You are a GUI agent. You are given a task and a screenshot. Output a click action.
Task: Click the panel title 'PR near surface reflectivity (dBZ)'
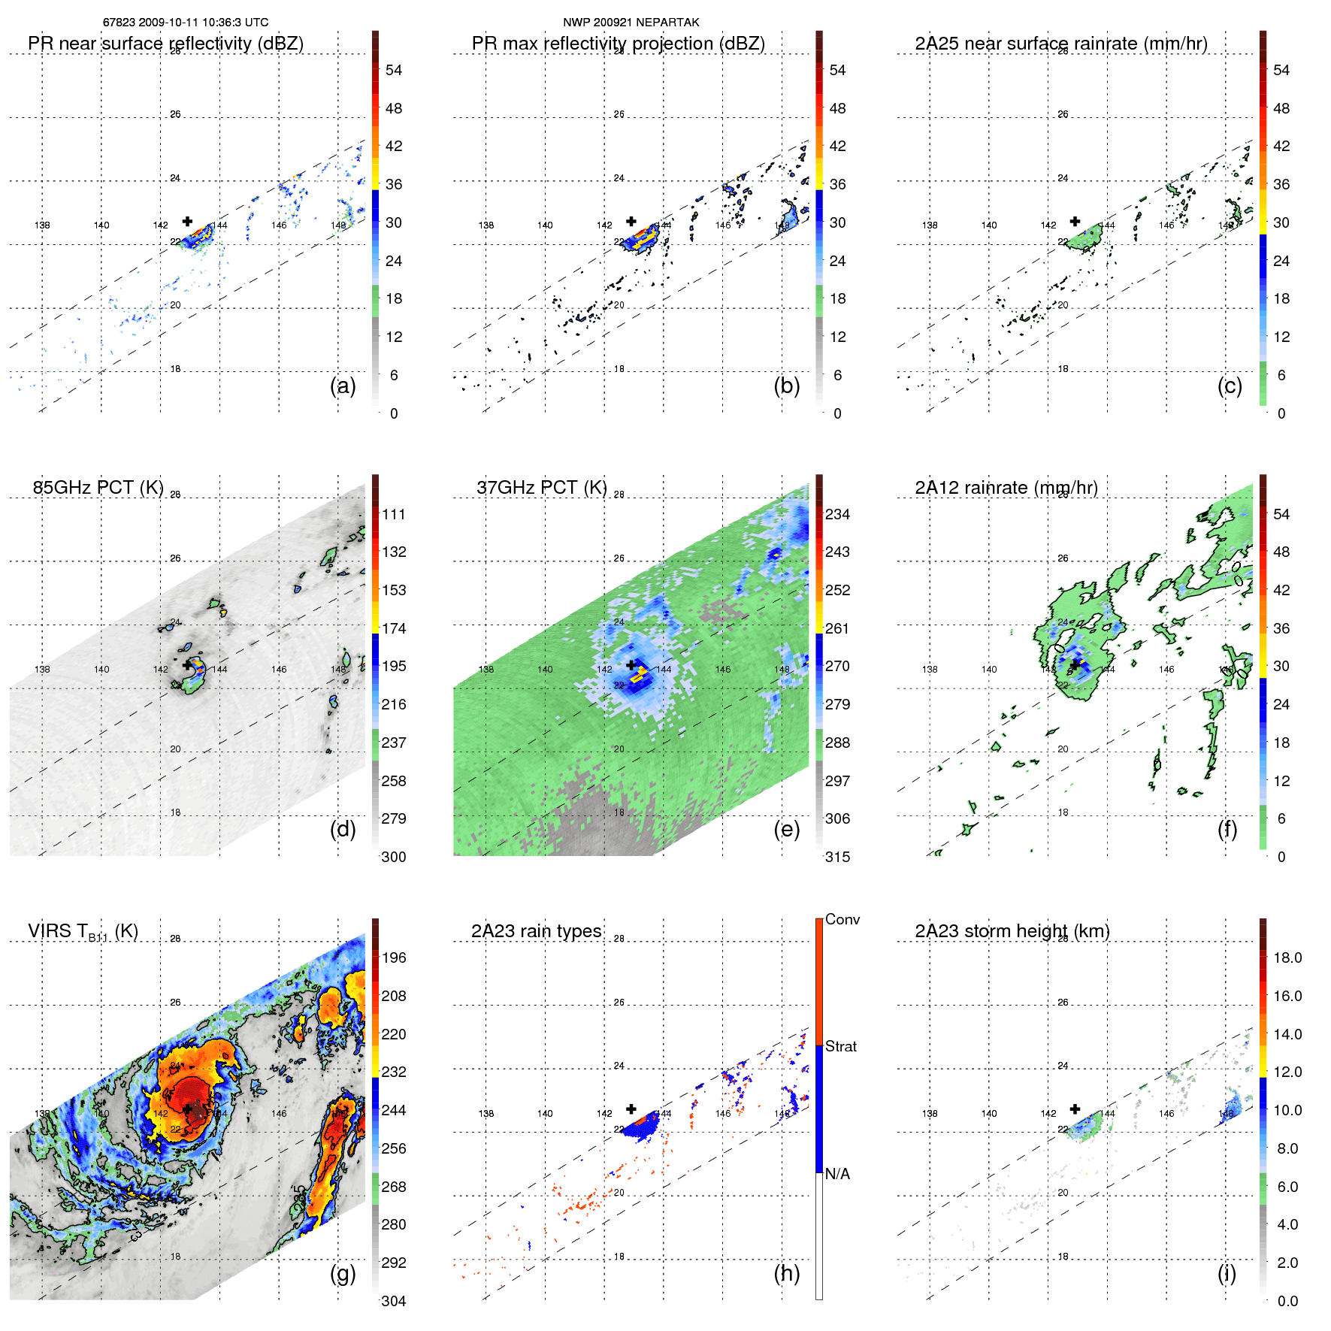165,44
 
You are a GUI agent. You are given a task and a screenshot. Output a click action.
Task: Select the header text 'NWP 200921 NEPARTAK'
631,23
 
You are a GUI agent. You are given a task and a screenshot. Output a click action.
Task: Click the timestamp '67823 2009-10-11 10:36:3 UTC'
185,23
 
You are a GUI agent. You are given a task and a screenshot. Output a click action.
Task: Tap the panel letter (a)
343,386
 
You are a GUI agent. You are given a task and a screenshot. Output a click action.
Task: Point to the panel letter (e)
786,829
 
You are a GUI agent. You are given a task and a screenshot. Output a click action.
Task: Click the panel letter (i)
1227,1273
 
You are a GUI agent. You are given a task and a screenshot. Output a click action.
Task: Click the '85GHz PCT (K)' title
98,488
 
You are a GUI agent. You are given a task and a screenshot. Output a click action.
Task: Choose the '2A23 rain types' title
536,931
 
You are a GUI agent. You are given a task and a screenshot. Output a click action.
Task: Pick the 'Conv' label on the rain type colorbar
842,919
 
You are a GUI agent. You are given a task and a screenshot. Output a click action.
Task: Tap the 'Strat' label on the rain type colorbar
840,1046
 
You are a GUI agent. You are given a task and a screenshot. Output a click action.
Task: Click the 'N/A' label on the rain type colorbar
837,1174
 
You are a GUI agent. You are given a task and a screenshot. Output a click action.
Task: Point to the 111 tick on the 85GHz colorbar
394,514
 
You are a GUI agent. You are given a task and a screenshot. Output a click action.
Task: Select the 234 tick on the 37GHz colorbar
837,514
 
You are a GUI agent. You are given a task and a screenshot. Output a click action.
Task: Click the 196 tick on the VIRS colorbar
394,957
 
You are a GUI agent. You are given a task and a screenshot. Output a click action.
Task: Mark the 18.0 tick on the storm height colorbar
1287,957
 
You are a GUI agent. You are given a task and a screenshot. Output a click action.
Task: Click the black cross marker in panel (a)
187,221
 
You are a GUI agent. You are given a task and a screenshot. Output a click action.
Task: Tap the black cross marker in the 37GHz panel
631,664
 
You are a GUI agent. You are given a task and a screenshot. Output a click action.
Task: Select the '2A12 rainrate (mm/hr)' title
1006,488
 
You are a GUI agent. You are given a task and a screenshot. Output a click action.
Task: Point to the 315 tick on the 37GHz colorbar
837,857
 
